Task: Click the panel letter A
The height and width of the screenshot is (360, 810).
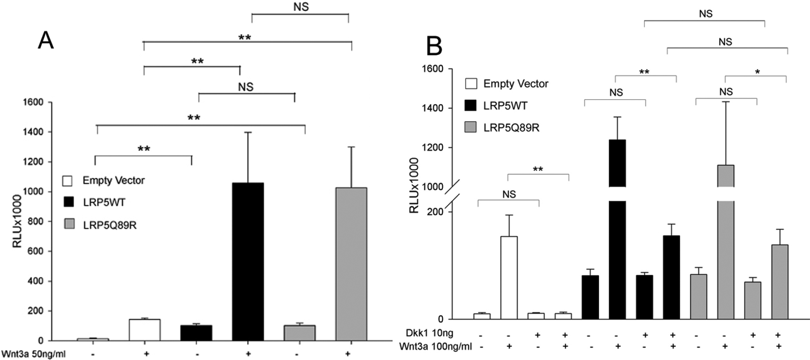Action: [46, 41]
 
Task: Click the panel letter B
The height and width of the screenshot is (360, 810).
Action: [434, 46]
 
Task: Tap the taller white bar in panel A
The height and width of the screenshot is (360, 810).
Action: [145, 330]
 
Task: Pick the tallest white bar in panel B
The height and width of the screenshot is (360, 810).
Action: [509, 277]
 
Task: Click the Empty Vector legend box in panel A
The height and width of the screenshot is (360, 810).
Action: [67, 181]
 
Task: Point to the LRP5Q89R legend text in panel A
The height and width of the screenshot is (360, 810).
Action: [110, 225]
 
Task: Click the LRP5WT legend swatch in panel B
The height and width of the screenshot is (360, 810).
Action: [470, 106]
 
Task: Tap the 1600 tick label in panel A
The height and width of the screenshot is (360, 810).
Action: [33, 102]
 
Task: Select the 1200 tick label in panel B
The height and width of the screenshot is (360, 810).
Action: [432, 148]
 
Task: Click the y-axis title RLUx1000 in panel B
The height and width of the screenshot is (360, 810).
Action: [414, 185]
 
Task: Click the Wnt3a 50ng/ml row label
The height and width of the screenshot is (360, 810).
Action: [33, 354]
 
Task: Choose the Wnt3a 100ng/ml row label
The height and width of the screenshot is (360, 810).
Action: [436, 346]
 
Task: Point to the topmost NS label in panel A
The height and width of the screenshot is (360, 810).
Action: [300, 7]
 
